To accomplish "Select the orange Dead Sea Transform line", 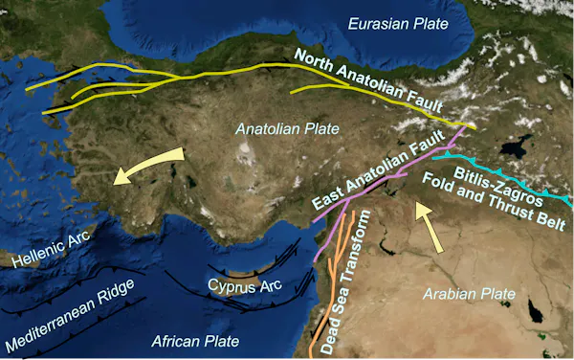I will [330, 287].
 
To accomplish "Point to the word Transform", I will [353, 269].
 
